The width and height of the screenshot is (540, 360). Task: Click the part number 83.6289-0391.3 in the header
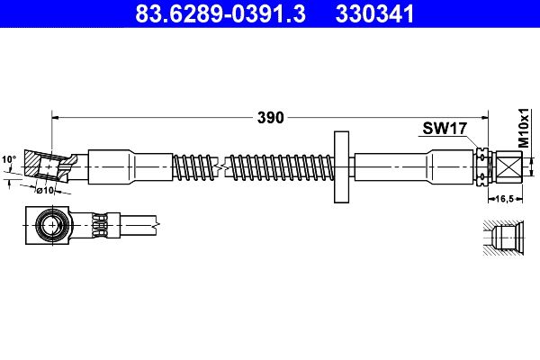(220, 13)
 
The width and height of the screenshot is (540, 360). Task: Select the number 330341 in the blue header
(374, 13)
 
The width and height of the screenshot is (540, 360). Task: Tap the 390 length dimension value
(271, 118)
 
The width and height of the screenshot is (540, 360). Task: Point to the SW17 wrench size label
(445, 129)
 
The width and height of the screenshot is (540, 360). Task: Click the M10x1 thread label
(524, 128)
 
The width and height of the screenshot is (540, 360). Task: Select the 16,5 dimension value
(505, 199)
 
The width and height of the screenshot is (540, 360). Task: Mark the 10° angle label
(9, 159)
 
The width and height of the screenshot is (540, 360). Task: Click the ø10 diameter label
(46, 190)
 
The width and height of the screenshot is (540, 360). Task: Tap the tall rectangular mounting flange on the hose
(341, 167)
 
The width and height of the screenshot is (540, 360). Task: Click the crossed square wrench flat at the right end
(509, 167)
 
